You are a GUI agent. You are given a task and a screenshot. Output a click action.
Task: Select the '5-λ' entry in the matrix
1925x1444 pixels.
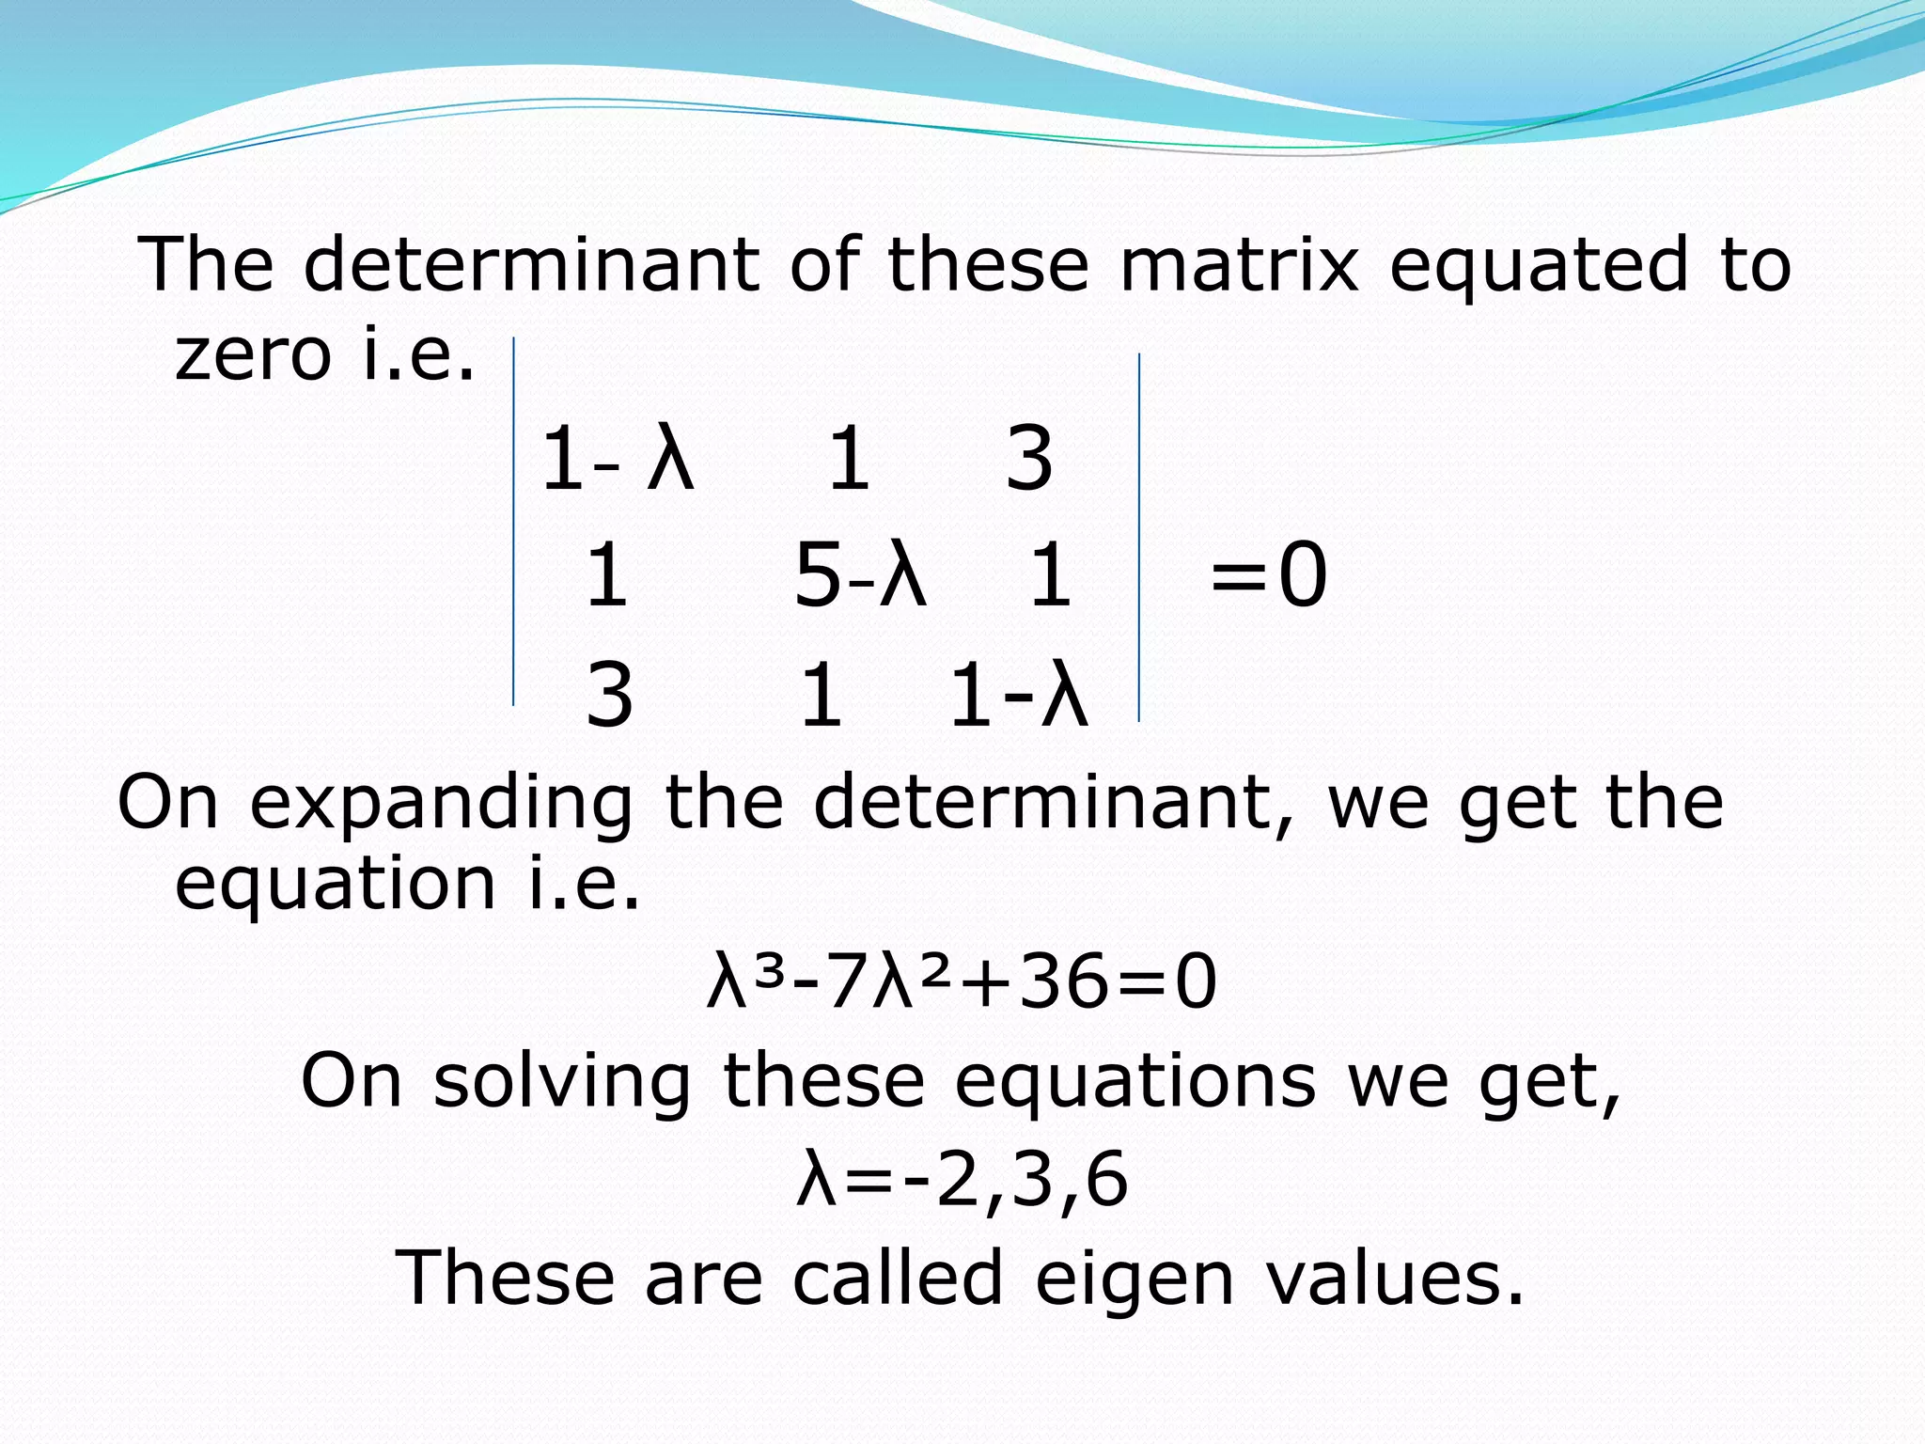860,575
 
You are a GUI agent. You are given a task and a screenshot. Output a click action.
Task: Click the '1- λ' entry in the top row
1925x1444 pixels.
617,459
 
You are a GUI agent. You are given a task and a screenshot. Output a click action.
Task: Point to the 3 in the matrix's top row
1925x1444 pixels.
1029,459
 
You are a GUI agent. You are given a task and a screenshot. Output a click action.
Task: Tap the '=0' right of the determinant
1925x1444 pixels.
1269,575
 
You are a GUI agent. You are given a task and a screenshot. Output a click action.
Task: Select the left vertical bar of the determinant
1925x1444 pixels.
513,522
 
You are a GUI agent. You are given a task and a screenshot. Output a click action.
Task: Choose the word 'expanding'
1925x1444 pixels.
442,804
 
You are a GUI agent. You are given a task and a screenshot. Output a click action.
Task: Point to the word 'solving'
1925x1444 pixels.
562,1081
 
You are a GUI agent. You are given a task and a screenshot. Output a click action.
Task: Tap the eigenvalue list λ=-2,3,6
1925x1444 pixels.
962,1180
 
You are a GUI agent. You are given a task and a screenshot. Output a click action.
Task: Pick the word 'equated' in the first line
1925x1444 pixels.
1539,266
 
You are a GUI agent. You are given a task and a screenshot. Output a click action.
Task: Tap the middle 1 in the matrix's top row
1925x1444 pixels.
849,459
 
